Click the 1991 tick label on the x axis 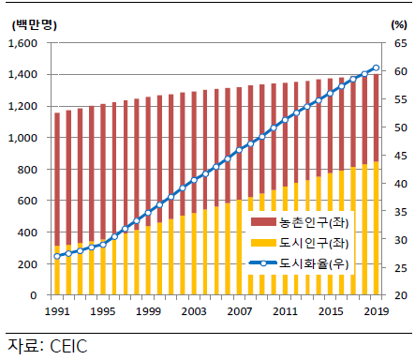pos(57,310)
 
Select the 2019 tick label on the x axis pos(376,310)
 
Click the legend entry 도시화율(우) pos(315,264)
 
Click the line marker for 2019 pos(376,67)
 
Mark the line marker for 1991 pos(57,256)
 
